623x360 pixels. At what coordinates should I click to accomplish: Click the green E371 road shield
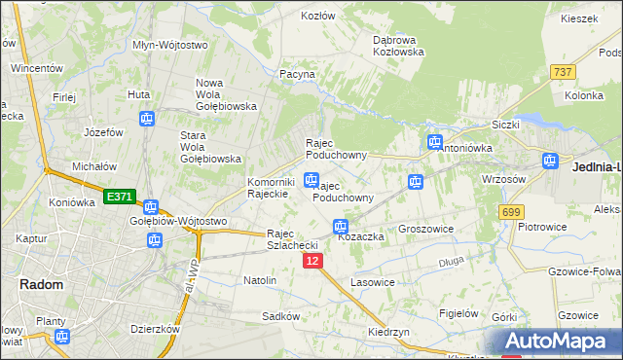pyautogui.click(x=119, y=197)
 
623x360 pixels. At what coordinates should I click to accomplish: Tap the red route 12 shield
pyautogui.click(x=311, y=262)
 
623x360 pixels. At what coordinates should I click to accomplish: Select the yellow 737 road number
pyautogui.click(x=562, y=72)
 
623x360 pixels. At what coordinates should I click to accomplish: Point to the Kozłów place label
pyautogui.click(x=318, y=16)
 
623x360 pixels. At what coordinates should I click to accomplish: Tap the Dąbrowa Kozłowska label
pyautogui.click(x=398, y=46)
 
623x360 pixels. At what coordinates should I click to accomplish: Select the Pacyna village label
pyautogui.click(x=297, y=74)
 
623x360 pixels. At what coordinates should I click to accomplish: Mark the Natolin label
pyautogui.click(x=260, y=280)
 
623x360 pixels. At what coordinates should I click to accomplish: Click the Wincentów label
pyautogui.click(x=36, y=69)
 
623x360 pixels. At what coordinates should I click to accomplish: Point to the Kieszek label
pyautogui.click(x=578, y=18)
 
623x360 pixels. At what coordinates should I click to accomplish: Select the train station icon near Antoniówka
pyautogui.click(x=435, y=143)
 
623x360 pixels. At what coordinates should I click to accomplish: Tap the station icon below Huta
pyautogui.click(x=146, y=120)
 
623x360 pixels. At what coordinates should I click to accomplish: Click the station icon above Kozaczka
pyautogui.click(x=341, y=228)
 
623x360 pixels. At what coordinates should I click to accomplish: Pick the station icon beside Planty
pyautogui.click(x=62, y=337)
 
